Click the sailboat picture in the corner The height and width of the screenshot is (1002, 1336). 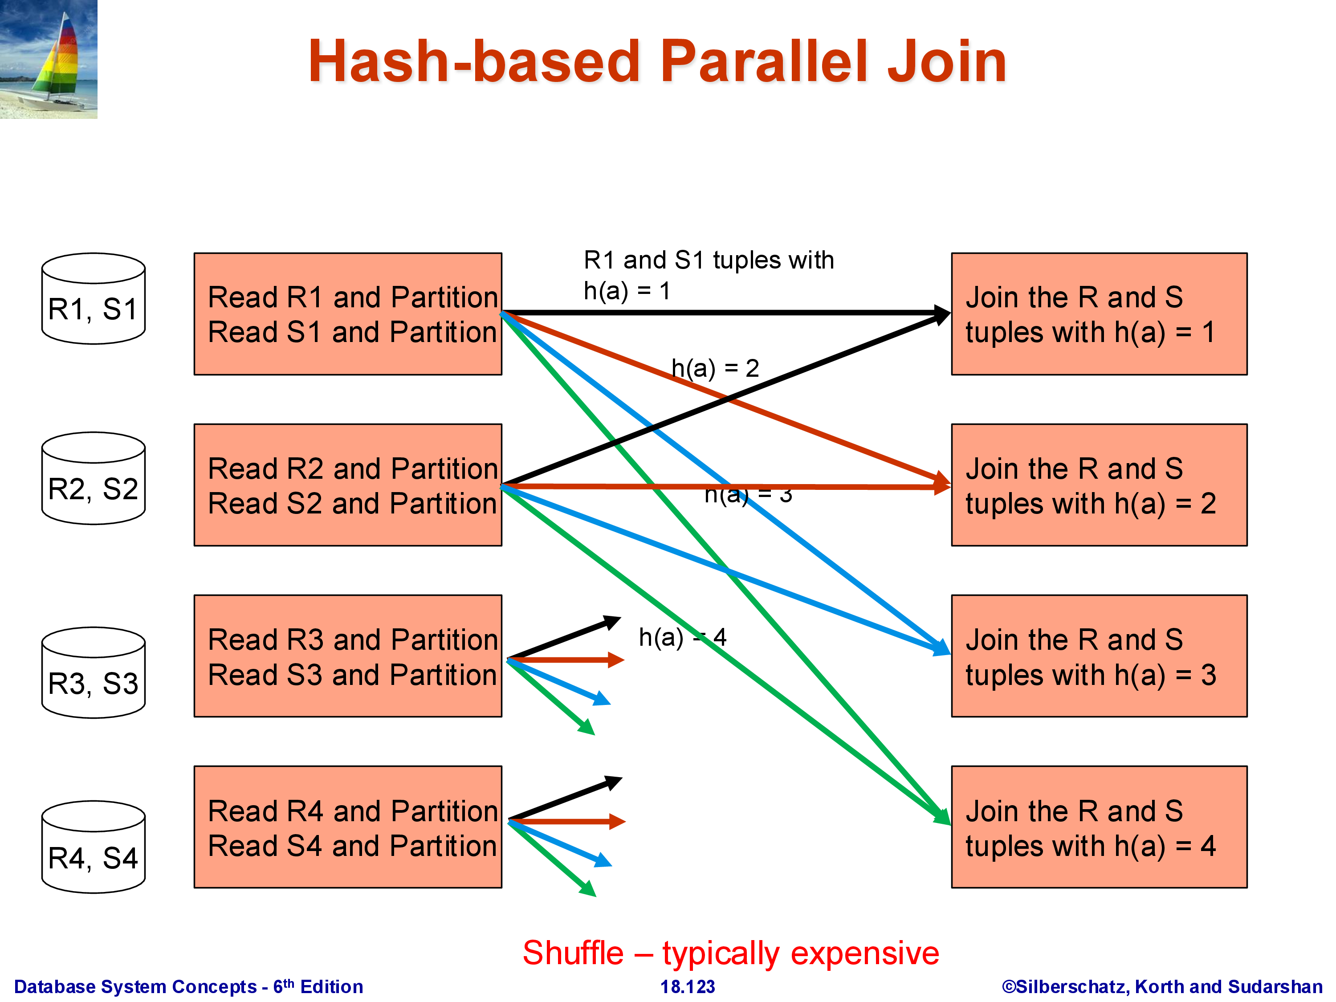click(x=48, y=59)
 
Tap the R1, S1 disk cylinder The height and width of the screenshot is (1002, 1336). click(x=93, y=299)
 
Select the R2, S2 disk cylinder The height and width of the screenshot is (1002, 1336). click(x=93, y=478)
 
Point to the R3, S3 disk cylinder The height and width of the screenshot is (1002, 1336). click(x=93, y=673)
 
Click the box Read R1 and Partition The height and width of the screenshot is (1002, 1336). click(x=347, y=314)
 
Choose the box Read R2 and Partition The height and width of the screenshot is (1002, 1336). click(x=347, y=485)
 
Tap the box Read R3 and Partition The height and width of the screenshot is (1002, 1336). click(x=347, y=656)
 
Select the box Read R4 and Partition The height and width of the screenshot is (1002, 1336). click(x=347, y=827)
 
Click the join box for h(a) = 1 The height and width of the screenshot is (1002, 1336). click(x=1099, y=314)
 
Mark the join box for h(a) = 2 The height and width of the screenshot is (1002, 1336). click(x=1099, y=485)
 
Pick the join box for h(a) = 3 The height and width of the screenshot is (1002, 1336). click(x=1099, y=656)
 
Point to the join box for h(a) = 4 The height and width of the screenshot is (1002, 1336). click(x=1099, y=827)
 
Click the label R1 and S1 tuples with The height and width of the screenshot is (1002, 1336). click(x=708, y=261)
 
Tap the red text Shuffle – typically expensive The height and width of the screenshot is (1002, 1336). click(x=730, y=953)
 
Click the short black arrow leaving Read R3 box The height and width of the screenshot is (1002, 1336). click(x=565, y=637)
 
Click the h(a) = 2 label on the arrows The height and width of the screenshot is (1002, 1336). click(x=715, y=368)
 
